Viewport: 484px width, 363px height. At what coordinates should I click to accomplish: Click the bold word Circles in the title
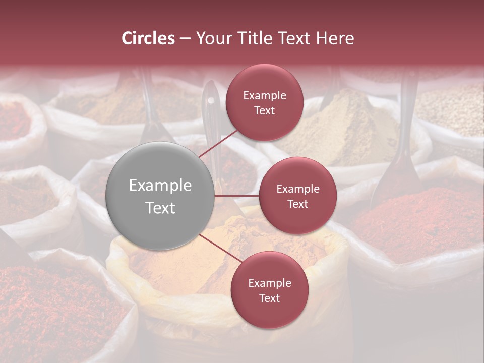[x=148, y=38]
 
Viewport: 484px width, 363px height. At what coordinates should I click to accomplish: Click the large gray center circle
[x=160, y=196]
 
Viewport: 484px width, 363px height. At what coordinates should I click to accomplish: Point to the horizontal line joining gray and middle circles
[x=237, y=196]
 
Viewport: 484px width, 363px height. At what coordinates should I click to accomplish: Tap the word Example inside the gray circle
[x=160, y=186]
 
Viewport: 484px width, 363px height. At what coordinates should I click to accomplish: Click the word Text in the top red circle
[x=264, y=111]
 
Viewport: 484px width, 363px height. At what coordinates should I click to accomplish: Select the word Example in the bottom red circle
[x=269, y=283]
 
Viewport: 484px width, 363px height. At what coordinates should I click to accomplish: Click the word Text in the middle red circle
[x=297, y=204]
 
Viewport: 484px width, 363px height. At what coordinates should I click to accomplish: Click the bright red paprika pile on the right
[x=413, y=222]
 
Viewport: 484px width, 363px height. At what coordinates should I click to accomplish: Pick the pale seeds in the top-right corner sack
[x=451, y=108]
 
